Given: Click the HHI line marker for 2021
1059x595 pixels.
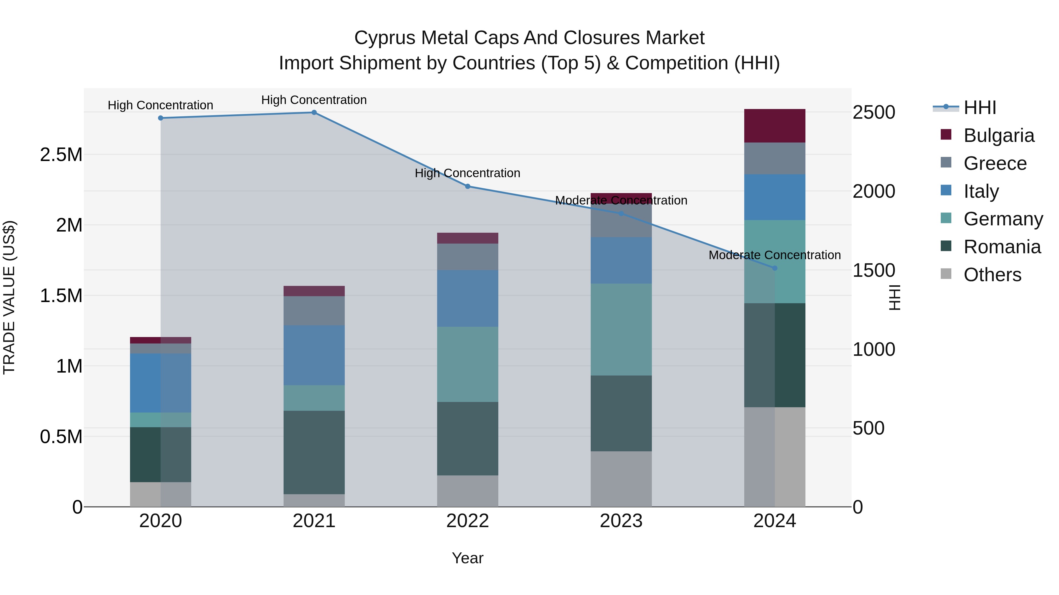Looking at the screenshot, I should tap(314, 113).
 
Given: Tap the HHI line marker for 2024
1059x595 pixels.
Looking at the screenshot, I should tap(775, 268).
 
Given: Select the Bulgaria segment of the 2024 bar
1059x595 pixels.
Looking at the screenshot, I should tap(775, 126).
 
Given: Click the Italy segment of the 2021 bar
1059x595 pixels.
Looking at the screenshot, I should tap(314, 355).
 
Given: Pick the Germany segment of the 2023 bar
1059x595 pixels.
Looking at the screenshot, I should tap(621, 329).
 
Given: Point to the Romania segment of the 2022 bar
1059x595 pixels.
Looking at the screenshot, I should tap(467, 439).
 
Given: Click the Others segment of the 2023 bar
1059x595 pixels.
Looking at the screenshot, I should tap(621, 479).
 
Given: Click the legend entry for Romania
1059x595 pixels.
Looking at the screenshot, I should tap(1002, 247).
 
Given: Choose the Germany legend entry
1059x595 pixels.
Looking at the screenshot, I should tap(1003, 219).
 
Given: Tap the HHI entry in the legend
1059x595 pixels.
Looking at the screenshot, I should tap(980, 108).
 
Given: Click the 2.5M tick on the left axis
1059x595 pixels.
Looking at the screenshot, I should tap(61, 155).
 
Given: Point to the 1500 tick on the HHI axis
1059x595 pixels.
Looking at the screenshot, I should tap(874, 270).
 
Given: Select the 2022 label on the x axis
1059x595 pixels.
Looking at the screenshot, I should tap(467, 521).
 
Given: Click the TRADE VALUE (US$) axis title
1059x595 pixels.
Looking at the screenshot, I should tap(9, 297).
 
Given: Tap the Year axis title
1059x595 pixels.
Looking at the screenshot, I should tap(467, 558).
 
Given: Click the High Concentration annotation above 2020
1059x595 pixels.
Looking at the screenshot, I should tap(160, 105).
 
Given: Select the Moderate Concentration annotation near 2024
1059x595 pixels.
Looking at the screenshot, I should tap(775, 255).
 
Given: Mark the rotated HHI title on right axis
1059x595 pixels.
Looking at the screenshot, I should tap(895, 297).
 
